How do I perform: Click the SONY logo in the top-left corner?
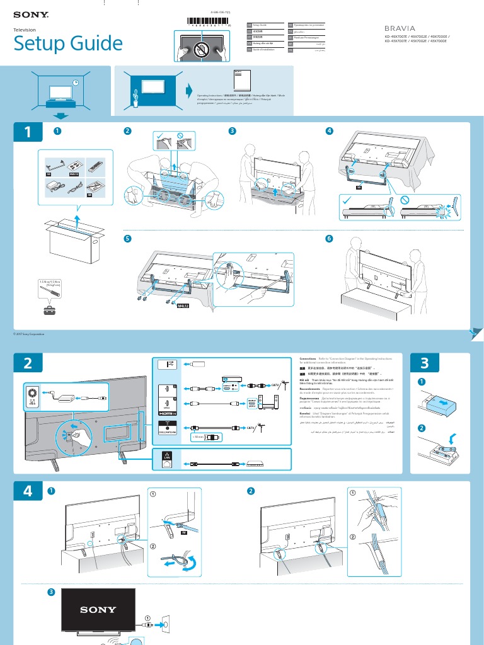point(30,13)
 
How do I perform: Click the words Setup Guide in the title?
point(68,43)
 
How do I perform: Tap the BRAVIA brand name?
point(401,28)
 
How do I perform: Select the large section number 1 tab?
point(28,132)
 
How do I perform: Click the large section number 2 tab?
point(28,363)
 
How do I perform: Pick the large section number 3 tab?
point(423,363)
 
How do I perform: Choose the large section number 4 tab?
point(28,491)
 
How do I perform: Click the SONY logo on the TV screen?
point(98,610)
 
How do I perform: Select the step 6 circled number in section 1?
point(328,239)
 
